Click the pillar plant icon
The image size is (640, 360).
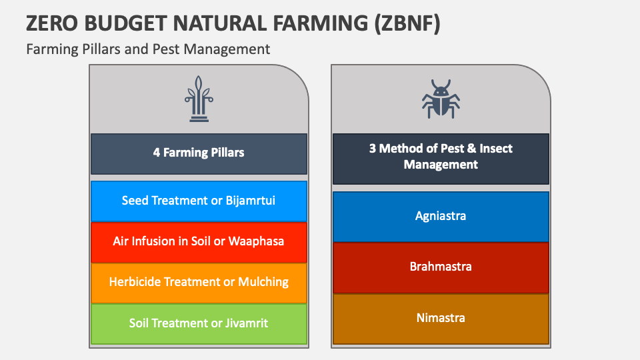pos(199,99)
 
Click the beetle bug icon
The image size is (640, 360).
pos(441,99)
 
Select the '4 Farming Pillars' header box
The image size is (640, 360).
pos(199,153)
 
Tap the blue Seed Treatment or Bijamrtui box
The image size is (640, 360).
pos(199,201)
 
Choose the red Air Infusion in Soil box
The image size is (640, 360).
pos(199,242)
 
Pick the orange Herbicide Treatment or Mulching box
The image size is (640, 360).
pos(199,283)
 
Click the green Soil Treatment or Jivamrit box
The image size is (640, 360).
pos(199,324)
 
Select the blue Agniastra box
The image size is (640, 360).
pos(441,217)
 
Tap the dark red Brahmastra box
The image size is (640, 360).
pos(441,268)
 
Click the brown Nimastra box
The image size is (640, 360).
pos(441,319)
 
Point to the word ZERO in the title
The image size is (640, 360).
pos(52,23)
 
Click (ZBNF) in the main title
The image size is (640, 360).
pos(407,23)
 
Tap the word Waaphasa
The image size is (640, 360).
pos(256,241)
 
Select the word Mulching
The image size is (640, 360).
pos(263,282)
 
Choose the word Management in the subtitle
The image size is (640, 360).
pos(226,49)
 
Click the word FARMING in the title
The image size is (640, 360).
pos(320,23)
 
